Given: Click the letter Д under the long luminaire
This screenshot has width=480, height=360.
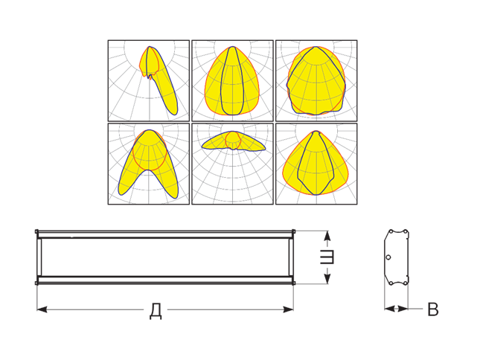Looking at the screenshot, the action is (x=156, y=311).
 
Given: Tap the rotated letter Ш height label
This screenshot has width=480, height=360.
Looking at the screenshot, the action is (x=327, y=257).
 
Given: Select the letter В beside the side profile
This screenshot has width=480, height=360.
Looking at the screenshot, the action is (x=433, y=309).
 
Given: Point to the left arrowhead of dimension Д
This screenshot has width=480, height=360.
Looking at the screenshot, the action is (x=42, y=309).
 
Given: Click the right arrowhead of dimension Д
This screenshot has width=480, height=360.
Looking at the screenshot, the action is (x=288, y=309).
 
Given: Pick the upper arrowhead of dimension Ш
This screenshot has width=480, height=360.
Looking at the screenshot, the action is (x=327, y=236).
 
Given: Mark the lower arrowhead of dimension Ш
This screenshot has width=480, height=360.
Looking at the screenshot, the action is (x=327, y=278).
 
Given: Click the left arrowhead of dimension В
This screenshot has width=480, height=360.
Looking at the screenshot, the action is (x=389, y=309).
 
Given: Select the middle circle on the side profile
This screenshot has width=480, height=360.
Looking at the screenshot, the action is (x=388, y=257).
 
